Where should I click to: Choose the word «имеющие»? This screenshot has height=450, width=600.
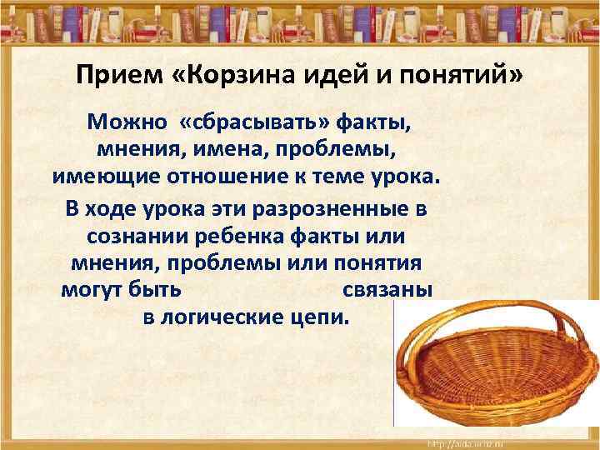tap(97, 179)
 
